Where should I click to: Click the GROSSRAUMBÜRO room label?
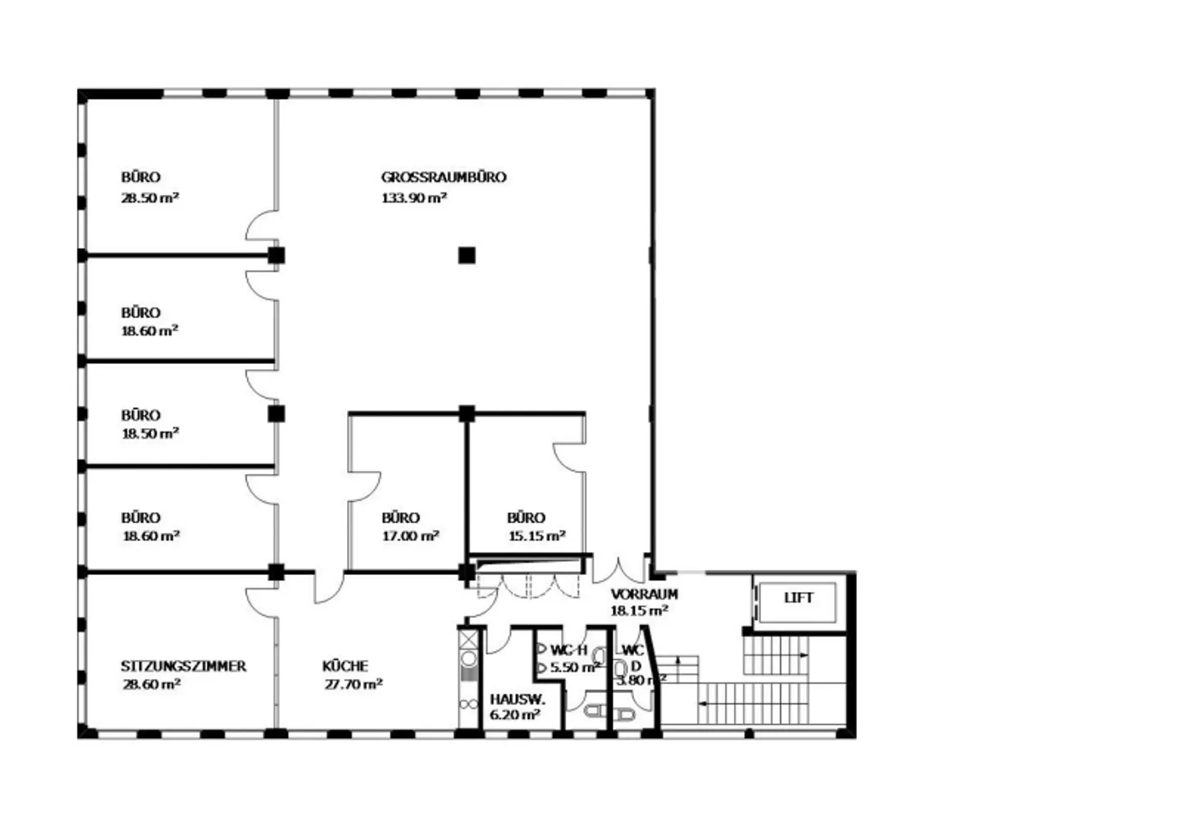pos(444,177)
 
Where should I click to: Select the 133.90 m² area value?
pos(414,198)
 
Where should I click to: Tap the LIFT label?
pos(799,597)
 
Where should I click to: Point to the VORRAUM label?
pos(645,594)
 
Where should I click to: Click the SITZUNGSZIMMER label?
pos(184,666)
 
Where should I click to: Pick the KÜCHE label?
pos(345,666)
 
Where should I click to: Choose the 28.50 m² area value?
pos(150,198)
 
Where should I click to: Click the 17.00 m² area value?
pos(410,535)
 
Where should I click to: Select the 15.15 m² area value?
pos(536,535)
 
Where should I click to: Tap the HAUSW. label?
pos(518,700)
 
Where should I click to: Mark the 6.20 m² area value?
pos(514,715)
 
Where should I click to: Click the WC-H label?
pos(568,650)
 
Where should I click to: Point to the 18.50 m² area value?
pos(150,433)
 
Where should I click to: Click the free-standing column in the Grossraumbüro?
pos(467,255)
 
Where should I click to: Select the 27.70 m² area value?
pos(353,684)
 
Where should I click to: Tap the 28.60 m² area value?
pos(151,684)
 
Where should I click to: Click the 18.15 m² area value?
pos(639,610)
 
